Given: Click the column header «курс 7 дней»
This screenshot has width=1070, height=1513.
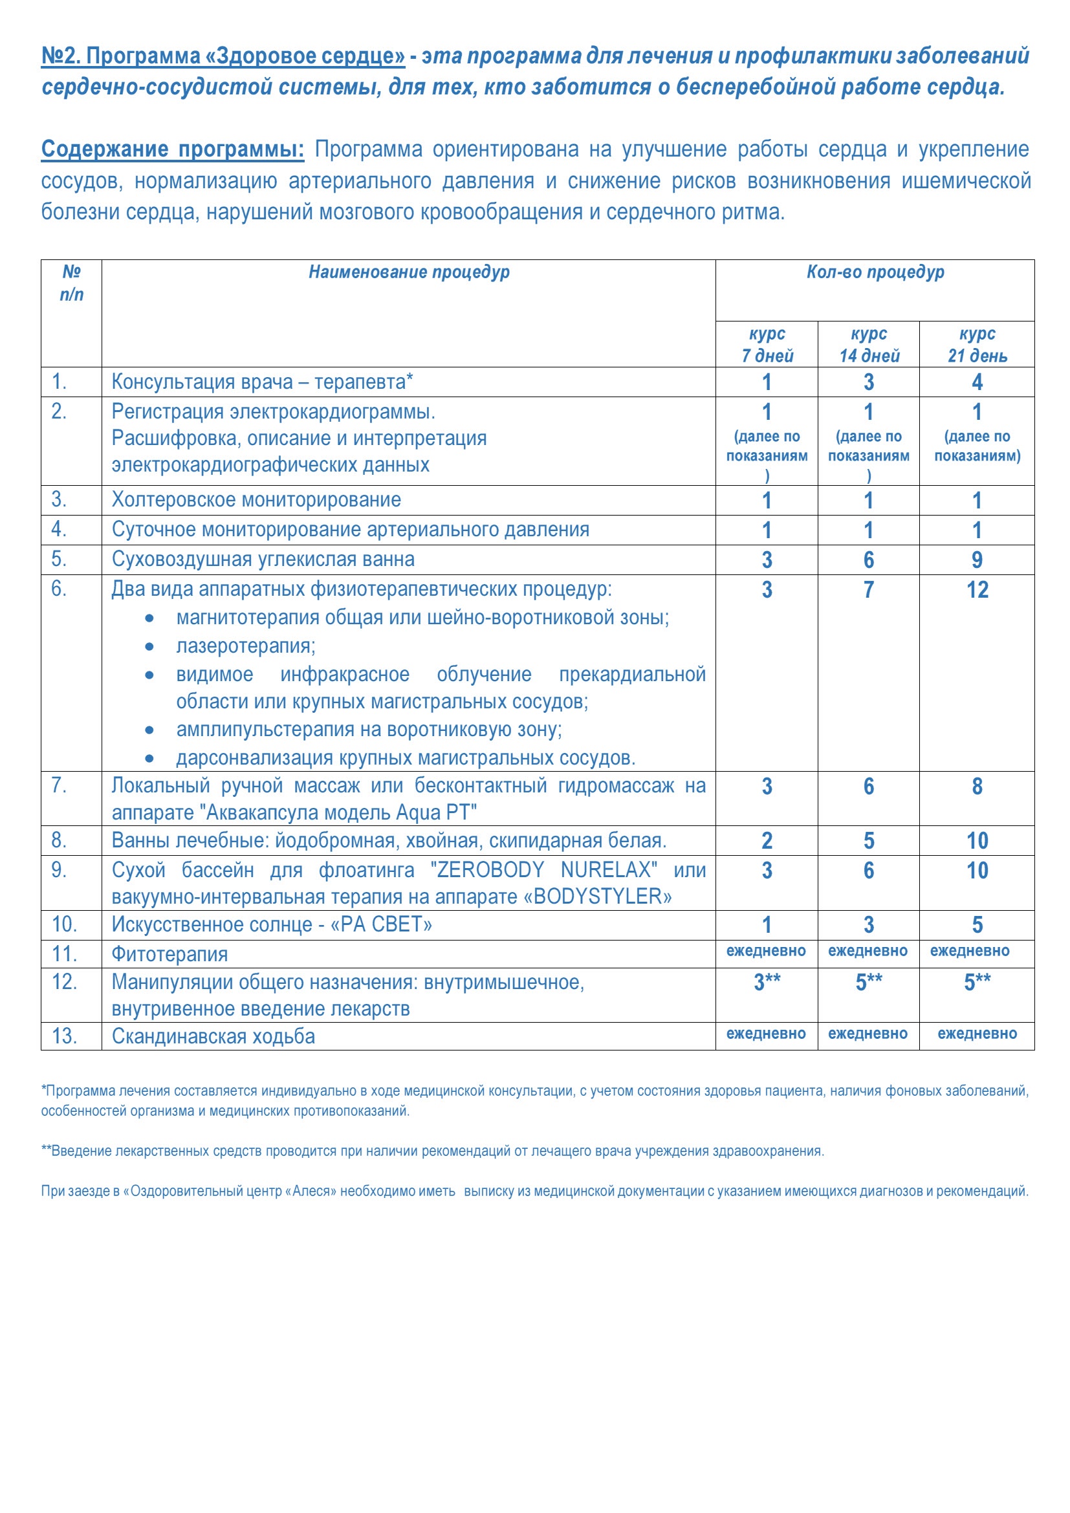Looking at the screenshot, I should pyautogui.click(x=767, y=345).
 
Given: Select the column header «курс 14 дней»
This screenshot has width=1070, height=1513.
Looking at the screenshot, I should pyautogui.click(x=868, y=345).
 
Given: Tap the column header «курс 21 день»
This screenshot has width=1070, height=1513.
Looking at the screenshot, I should pyautogui.click(x=977, y=345).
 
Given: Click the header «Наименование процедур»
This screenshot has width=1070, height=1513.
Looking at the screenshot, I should pyautogui.click(x=408, y=272).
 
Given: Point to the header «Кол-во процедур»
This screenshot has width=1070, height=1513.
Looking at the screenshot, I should pyautogui.click(x=875, y=272).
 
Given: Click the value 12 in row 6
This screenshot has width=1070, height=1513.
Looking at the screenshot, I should pyautogui.click(x=977, y=590).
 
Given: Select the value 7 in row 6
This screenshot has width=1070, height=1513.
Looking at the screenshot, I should pyautogui.click(x=868, y=590).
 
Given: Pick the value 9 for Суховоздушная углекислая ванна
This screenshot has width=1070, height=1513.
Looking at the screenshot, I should pyautogui.click(x=977, y=560).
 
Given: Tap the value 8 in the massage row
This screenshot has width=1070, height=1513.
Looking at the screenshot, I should pyautogui.click(x=977, y=786).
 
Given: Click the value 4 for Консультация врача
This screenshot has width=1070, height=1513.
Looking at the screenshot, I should pyautogui.click(x=977, y=382).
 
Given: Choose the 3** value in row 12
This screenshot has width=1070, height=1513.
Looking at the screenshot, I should pyautogui.click(x=767, y=982).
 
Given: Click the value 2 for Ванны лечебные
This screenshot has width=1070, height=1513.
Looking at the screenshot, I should pyautogui.click(x=767, y=841).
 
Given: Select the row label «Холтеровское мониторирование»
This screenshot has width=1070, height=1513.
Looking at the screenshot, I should pyautogui.click(x=256, y=500).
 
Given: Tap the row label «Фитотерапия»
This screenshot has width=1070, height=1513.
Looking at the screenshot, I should pyautogui.click(x=170, y=954).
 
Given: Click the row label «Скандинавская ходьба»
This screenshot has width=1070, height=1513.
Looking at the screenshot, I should pyautogui.click(x=213, y=1036).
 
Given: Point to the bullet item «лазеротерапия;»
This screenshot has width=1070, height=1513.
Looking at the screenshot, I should pyautogui.click(x=246, y=646).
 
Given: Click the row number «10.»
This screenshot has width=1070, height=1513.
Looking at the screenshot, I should pyautogui.click(x=65, y=924).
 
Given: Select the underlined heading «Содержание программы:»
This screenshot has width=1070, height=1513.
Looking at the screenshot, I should pyautogui.click(x=173, y=149).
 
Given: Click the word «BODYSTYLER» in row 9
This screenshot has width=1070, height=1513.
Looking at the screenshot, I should pyautogui.click(x=598, y=897).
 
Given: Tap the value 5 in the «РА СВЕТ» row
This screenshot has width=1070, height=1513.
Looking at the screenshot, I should pyautogui.click(x=977, y=925).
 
